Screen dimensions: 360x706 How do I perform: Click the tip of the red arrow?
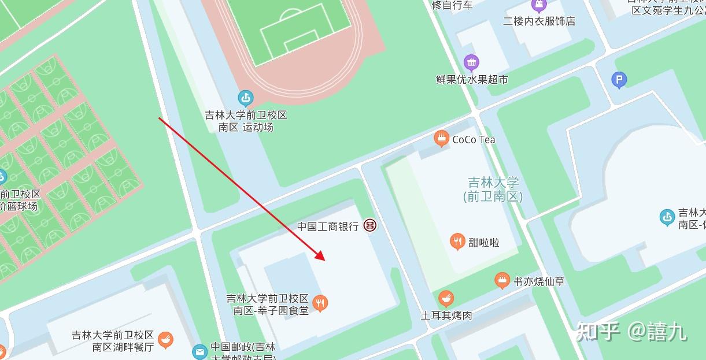pos(324,260)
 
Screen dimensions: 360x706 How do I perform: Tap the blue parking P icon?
pos(619,80)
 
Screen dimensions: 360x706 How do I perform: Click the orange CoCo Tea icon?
pos(442,139)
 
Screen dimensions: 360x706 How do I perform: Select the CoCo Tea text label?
pos(474,139)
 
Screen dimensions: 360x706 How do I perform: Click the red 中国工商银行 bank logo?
pos(370,226)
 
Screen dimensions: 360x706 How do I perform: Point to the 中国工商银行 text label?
pos(328,227)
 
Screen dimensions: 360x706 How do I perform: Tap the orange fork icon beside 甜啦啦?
pos(458,242)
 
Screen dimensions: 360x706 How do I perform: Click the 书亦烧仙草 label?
pos(539,282)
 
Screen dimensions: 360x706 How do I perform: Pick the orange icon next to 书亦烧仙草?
pos(502,281)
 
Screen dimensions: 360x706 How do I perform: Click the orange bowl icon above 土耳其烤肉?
pos(446,299)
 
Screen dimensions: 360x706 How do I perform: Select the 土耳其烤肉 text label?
pos(446,316)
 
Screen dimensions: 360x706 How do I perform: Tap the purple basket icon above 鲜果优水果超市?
pos(472,62)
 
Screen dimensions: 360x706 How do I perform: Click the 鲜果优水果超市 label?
pos(472,79)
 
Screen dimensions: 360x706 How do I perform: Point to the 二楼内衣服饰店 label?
pos(539,21)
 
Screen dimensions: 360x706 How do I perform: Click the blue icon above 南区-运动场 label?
pos(246,98)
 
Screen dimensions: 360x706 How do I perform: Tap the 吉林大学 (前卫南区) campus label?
pos(493,190)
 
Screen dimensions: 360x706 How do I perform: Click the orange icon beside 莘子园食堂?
pos(320,302)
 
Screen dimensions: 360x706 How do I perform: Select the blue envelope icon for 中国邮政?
pos(199,351)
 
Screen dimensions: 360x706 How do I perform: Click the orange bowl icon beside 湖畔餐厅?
pos(166,340)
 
